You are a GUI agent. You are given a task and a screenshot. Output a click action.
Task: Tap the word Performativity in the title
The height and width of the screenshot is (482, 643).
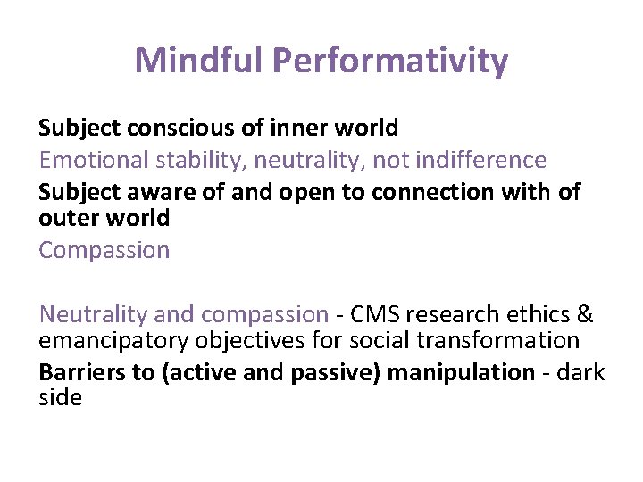(390, 61)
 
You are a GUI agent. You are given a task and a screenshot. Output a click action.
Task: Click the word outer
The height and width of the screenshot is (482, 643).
(67, 217)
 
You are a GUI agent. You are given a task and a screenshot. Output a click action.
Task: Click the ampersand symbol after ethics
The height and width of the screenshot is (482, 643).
(585, 314)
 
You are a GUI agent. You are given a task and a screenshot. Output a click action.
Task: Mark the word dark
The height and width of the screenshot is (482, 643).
(581, 372)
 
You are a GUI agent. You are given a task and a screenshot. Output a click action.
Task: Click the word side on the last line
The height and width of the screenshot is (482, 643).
(60, 397)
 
